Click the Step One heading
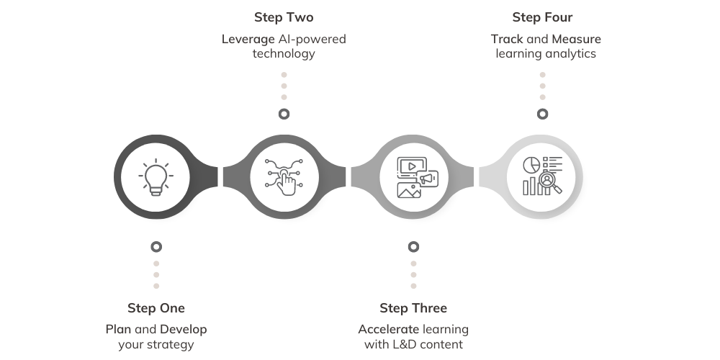[156, 308]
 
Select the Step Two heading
[284, 17]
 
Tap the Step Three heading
[413, 308]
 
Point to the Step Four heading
[542, 17]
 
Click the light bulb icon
[156, 177]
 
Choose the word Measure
[575, 39]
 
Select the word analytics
[570, 54]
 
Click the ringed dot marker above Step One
[156, 247]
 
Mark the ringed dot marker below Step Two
[284, 114]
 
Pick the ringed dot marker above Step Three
[413, 247]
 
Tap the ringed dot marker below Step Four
[542, 114]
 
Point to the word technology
[284, 54]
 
